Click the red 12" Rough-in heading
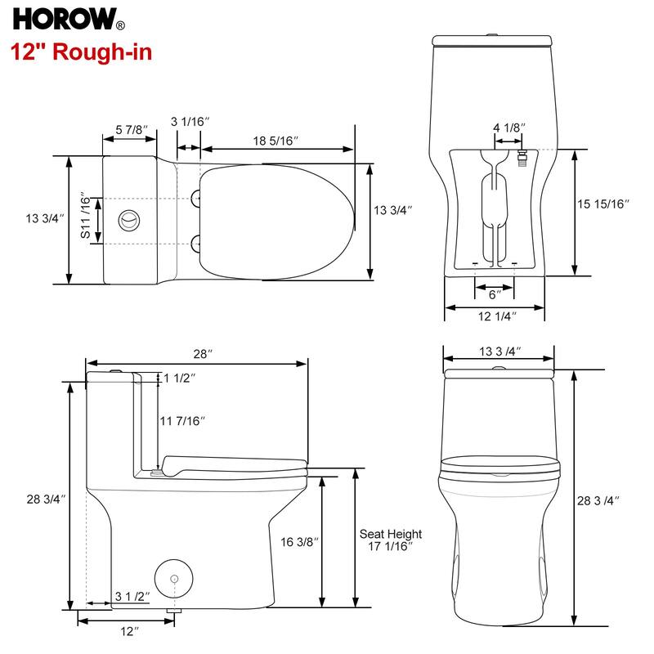[x=81, y=52]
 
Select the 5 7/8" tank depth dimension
[x=130, y=130]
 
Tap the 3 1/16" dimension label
[x=190, y=122]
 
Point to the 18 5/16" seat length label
[x=275, y=141]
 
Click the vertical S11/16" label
[x=85, y=217]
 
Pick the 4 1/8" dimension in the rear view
[x=508, y=128]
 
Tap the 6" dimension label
[x=495, y=294]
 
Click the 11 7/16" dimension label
[x=181, y=421]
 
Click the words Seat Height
[x=390, y=534]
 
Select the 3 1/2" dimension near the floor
[x=132, y=596]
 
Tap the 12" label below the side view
[x=128, y=631]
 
